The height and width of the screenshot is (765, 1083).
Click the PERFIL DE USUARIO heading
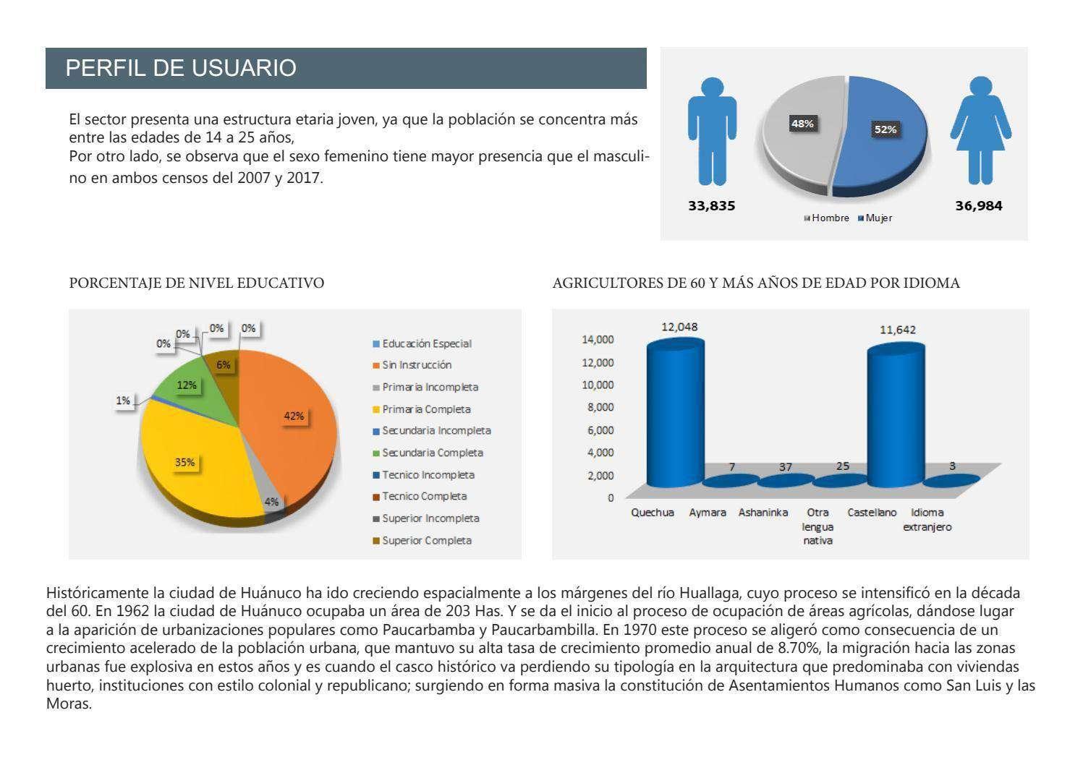click(181, 68)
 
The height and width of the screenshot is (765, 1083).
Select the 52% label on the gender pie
click(885, 129)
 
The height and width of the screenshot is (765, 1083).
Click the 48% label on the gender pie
click(802, 124)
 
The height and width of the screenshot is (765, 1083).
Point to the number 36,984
click(979, 206)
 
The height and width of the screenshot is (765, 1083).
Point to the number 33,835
click(711, 206)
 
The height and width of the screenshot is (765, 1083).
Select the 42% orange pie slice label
click(294, 416)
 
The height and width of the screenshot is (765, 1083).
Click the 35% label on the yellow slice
click(185, 462)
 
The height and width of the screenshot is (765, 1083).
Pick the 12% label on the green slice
click(187, 385)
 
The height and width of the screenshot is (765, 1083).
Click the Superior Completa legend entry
click(426, 540)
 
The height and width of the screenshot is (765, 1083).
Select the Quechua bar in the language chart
click(674, 416)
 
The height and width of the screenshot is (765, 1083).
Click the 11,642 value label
click(897, 330)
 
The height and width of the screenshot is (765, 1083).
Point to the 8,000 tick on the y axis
click(600, 407)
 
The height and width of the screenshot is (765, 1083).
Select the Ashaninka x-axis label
click(763, 513)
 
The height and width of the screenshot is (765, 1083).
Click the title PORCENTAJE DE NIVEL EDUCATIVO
click(196, 283)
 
